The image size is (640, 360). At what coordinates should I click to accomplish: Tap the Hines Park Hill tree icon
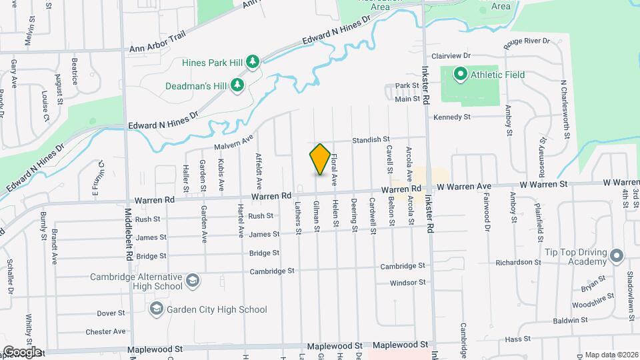(x=253, y=63)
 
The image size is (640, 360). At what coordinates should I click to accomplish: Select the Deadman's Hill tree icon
(x=236, y=85)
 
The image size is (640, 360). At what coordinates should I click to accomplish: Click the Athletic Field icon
(x=460, y=75)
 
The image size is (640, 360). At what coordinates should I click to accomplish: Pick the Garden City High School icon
(x=157, y=309)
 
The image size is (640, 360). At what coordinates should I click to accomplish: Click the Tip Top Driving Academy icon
(x=617, y=255)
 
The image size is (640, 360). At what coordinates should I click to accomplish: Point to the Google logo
(x=21, y=351)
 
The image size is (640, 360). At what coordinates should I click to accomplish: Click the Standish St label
(x=371, y=139)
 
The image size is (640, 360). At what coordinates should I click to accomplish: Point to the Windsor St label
(x=407, y=283)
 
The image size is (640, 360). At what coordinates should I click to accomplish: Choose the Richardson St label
(x=518, y=263)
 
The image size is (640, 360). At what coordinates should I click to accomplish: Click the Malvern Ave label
(x=235, y=142)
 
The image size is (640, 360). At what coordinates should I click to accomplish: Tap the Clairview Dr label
(x=451, y=56)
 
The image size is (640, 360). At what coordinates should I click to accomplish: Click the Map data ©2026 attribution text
(x=611, y=355)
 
